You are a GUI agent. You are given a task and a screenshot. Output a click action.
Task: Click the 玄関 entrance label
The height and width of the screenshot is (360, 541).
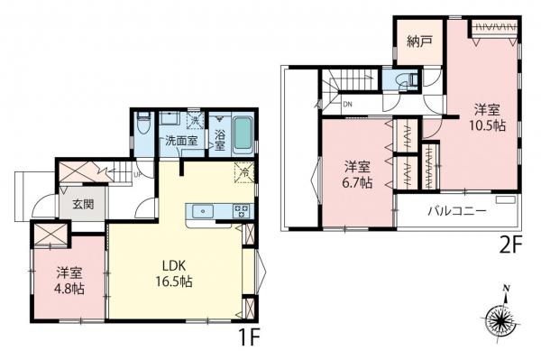[x=83, y=204]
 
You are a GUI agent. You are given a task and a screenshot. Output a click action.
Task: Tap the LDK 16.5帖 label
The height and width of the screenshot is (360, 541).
[x=174, y=273]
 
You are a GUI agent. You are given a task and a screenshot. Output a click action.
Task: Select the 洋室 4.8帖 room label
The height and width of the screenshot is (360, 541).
[x=70, y=281]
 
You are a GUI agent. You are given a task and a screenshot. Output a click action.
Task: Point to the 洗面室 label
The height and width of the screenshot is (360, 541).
[x=181, y=140]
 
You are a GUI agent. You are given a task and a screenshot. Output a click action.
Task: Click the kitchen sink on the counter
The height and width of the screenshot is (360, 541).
[x=203, y=210]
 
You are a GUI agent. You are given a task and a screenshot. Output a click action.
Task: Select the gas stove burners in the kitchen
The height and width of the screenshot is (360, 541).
[x=241, y=210]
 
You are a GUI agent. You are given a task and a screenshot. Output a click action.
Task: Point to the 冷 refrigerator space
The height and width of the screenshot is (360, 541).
[x=244, y=172]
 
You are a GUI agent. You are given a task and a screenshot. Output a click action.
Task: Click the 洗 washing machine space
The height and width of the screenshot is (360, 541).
[x=195, y=121]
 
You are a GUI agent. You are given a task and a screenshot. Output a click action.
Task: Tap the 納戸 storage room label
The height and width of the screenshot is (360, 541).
[x=419, y=42]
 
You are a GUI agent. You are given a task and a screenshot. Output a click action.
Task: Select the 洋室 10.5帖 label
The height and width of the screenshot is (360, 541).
[x=487, y=117]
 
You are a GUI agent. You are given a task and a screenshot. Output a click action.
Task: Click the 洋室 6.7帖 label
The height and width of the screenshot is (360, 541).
[x=357, y=175]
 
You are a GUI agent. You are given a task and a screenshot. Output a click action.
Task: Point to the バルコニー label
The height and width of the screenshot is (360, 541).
[x=457, y=210]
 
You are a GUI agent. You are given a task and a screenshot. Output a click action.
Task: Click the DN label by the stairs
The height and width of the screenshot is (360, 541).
[x=347, y=104]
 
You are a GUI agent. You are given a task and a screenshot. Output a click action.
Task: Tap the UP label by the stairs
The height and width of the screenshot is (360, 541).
[x=137, y=175]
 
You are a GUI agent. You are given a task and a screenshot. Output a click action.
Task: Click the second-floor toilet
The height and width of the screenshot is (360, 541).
[x=408, y=80]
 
